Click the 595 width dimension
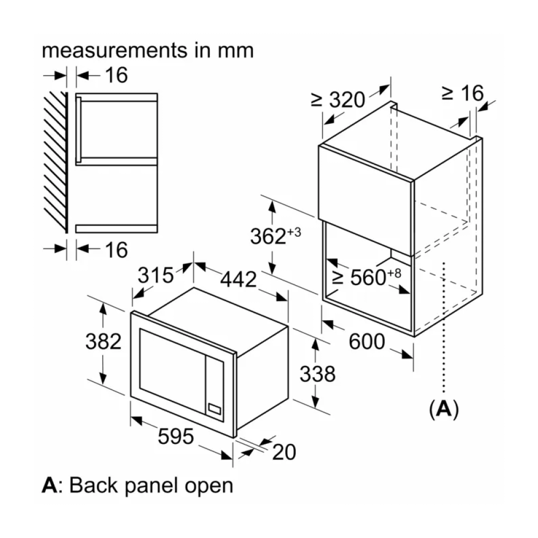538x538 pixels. [x=175, y=437]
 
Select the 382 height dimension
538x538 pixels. [x=104, y=341]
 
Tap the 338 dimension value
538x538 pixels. [x=317, y=374]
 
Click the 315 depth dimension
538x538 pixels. [x=156, y=275]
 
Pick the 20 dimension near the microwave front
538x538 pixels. [x=284, y=453]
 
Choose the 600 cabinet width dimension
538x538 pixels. [x=367, y=341]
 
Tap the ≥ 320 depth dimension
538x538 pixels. [x=338, y=100]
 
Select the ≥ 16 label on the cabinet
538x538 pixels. [x=462, y=93]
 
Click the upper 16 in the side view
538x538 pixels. [x=116, y=75]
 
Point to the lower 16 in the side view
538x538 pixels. [x=116, y=250]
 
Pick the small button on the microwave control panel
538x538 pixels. [x=215, y=408]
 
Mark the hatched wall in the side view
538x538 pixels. [x=55, y=161]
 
